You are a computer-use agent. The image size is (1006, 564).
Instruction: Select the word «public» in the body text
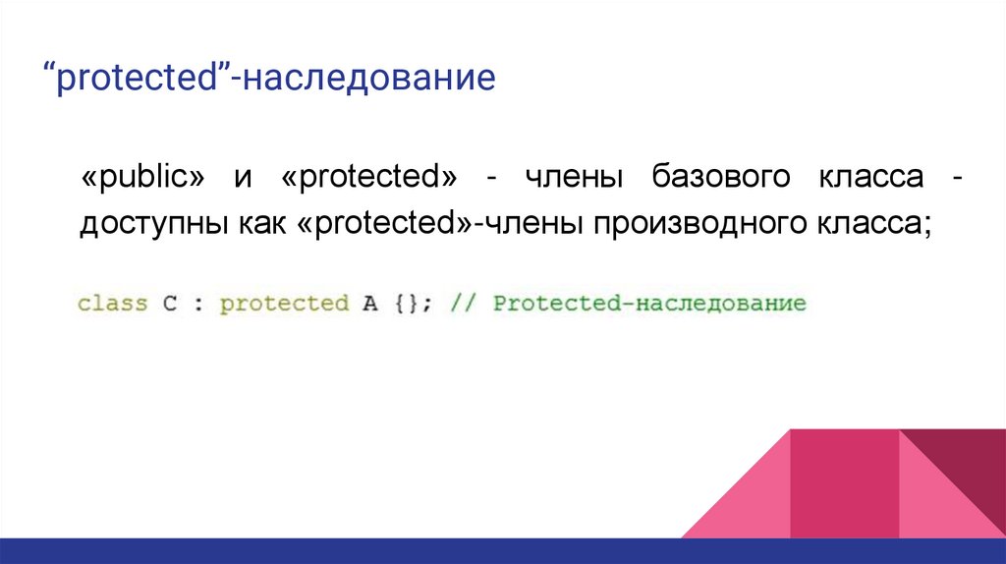(x=143, y=180)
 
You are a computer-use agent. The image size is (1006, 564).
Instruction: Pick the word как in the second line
(x=255, y=225)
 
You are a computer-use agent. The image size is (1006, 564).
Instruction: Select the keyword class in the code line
(x=112, y=303)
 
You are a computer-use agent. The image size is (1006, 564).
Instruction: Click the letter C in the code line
(x=169, y=303)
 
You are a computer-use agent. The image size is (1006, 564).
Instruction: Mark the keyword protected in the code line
(x=284, y=303)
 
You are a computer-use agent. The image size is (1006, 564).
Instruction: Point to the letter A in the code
(x=370, y=303)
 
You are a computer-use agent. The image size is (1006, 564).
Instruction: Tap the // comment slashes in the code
(x=463, y=303)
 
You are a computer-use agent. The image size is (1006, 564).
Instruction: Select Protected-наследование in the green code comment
(x=648, y=303)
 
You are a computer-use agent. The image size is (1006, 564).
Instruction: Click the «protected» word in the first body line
(x=370, y=180)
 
